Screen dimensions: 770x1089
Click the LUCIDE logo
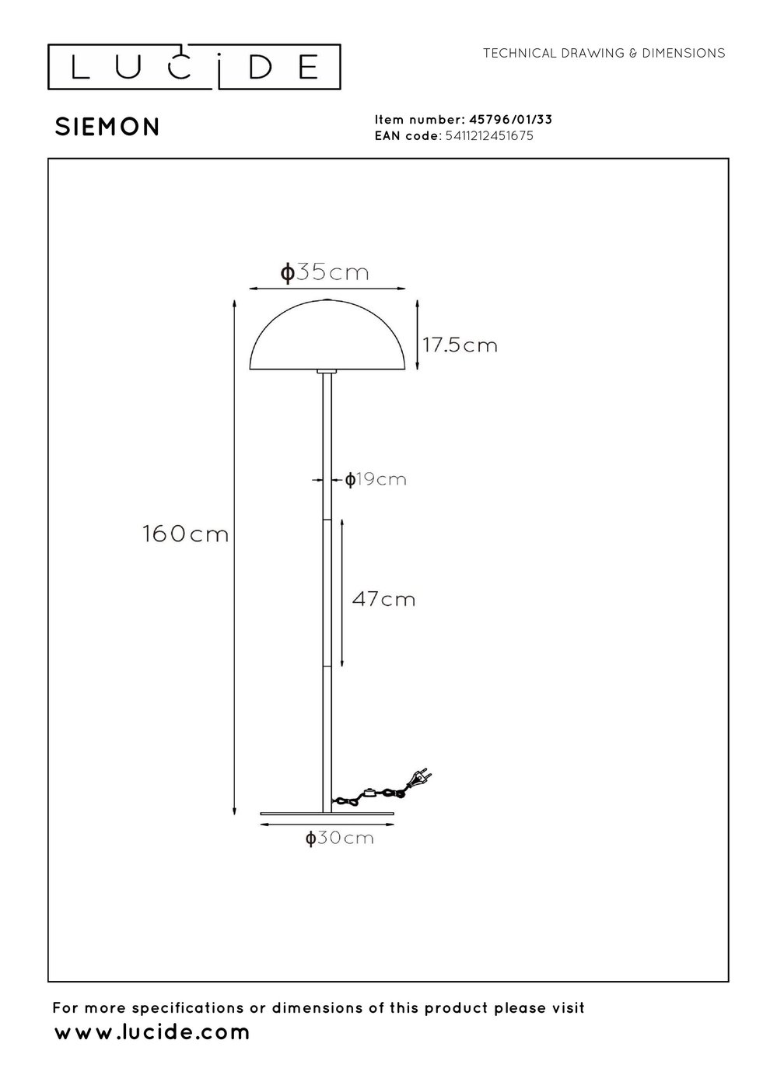coord(194,67)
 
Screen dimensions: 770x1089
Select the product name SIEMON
coord(107,128)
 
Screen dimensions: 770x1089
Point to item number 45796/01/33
coord(510,120)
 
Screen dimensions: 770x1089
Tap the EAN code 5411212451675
coord(489,135)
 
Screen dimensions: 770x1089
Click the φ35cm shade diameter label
coord(325,272)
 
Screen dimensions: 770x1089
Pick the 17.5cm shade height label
coord(460,345)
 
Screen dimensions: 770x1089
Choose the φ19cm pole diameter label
coord(375,480)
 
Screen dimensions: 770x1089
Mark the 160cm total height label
coord(185,534)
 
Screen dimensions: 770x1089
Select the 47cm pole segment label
coord(383,599)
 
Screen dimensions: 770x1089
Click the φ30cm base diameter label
coord(339,839)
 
